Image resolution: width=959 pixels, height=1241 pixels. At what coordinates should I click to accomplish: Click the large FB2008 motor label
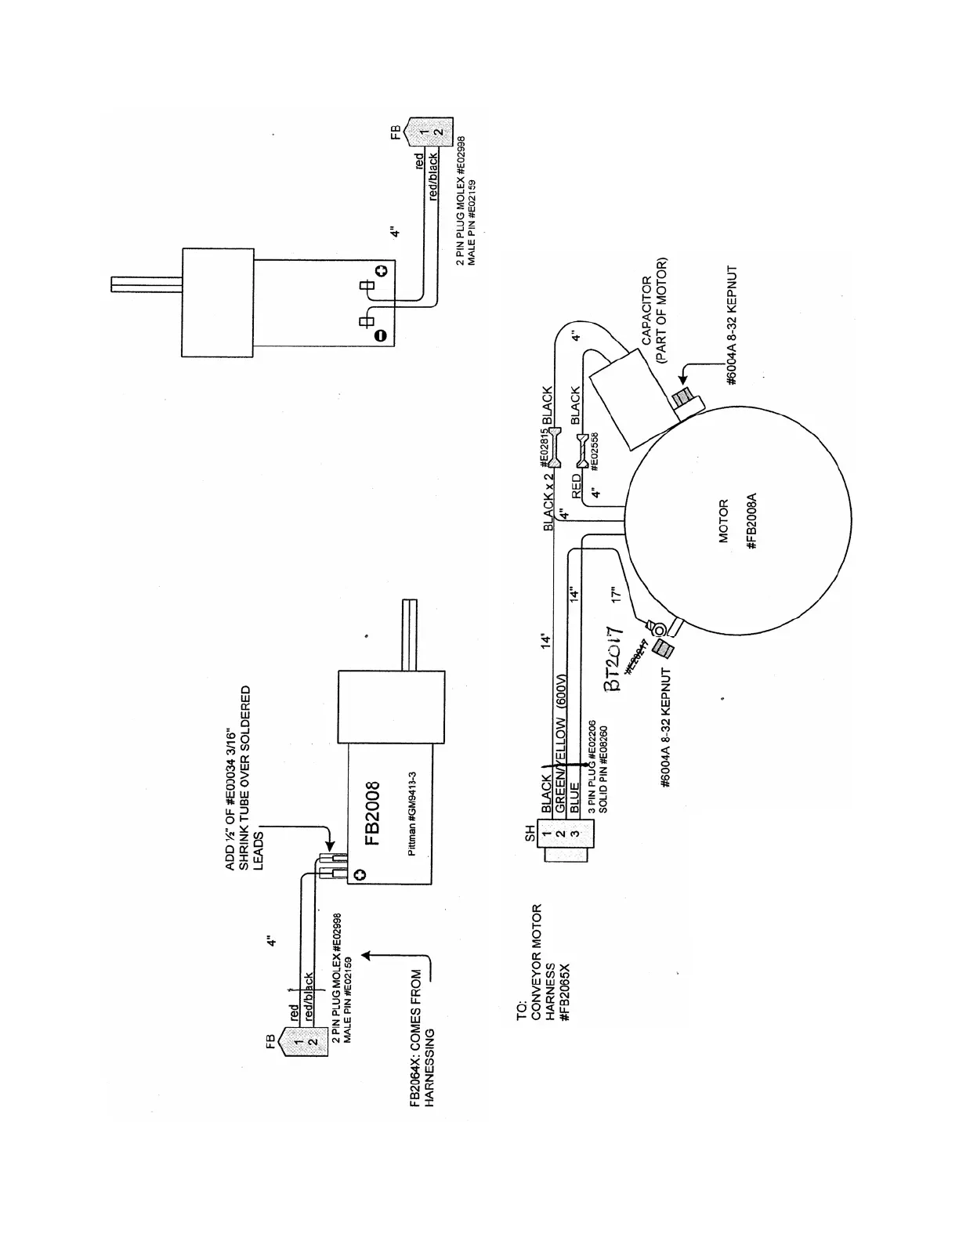(x=375, y=813)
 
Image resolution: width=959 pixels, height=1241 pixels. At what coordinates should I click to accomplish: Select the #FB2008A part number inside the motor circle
(x=751, y=521)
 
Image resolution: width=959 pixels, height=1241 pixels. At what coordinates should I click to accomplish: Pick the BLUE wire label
(x=575, y=796)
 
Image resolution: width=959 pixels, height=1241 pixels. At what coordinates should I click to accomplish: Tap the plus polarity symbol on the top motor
(x=382, y=271)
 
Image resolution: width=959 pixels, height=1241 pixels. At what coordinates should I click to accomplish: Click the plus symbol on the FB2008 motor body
(x=358, y=874)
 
